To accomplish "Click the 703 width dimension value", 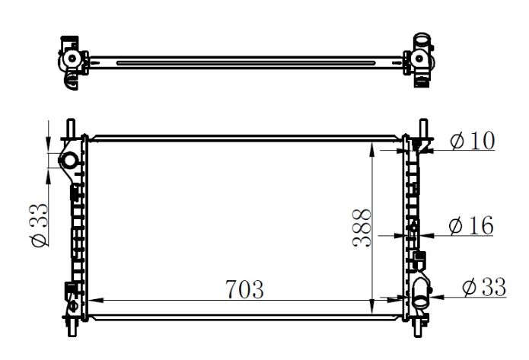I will click(x=244, y=290).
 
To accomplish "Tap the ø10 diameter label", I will click(x=471, y=142).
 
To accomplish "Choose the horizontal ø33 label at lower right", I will click(x=484, y=287).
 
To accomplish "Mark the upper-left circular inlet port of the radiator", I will click(x=69, y=161).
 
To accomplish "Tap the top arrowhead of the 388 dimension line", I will click(x=371, y=145).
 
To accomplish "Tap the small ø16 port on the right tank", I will click(x=414, y=226).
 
